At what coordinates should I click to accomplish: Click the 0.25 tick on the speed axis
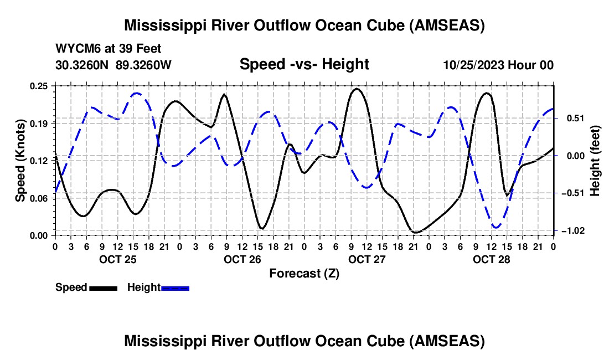click(x=38, y=86)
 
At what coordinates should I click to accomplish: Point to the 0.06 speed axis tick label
click(x=38, y=198)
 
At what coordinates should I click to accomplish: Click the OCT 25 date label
click(x=118, y=259)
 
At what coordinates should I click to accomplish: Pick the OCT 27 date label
click(x=367, y=259)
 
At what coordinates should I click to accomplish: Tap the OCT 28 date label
click(x=491, y=259)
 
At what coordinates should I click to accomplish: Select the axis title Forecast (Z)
click(x=304, y=274)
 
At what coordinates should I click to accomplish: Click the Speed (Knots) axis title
click(x=20, y=161)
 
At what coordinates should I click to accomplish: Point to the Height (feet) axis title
click(x=595, y=161)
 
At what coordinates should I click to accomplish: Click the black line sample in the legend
click(x=104, y=288)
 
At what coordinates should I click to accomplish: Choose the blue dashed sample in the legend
click(x=175, y=288)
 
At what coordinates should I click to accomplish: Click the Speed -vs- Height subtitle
click(x=304, y=64)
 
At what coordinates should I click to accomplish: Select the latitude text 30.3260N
click(x=82, y=65)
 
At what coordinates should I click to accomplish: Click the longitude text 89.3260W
click(x=143, y=65)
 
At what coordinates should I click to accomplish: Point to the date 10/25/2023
click(x=474, y=65)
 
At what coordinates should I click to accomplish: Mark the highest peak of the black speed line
click(x=357, y=89)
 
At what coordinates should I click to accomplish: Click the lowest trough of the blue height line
click(x=496, y=228)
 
